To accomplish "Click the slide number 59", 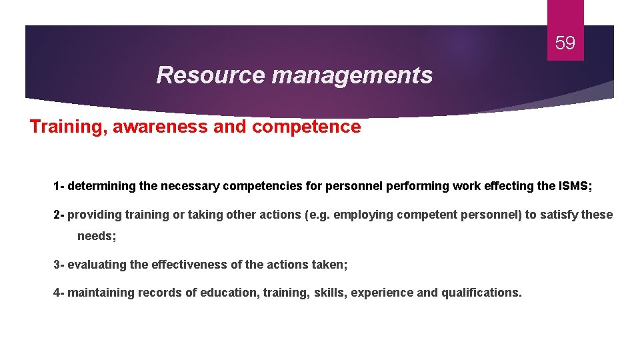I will [565, 44].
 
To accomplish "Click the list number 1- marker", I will [59, 186].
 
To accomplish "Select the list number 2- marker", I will [59, 215].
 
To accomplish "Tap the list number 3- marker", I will [59, 265].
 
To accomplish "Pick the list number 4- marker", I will [59, 293].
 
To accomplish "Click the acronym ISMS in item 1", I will [574, 186].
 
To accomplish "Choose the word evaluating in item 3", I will [97, 265].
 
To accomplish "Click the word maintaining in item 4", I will [101, 293].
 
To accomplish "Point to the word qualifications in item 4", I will [481, 293].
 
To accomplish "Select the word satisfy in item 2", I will [561, 215].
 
